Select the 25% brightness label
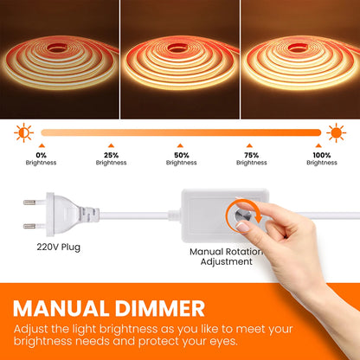(x=111, y=157)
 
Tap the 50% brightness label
(x=181, y=157)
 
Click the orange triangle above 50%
(x=181, y=145)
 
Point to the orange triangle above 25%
(x=111, y=145)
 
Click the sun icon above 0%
(x=23, y=132)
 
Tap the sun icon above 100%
(x=337, y=132)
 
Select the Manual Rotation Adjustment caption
(x=226, y=256)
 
